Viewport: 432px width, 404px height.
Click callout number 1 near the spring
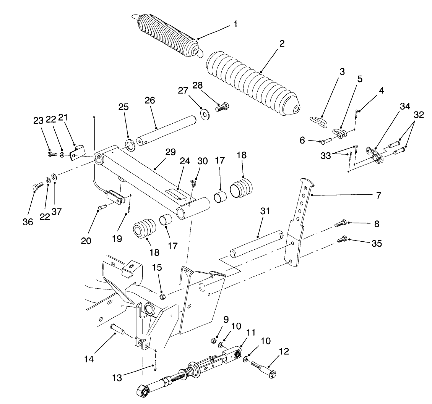[x=235, y=24]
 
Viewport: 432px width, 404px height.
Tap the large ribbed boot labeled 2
[x=252, y=82]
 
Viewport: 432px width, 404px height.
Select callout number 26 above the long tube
[x=150, y=101]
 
